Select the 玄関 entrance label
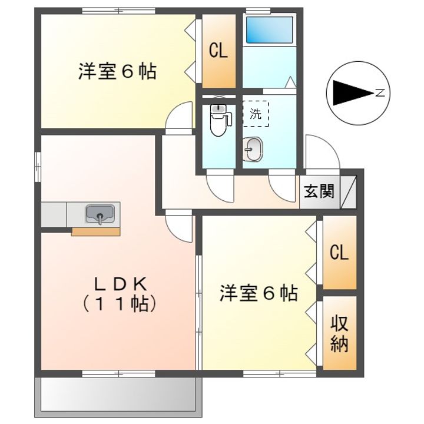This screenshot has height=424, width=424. coord(319,191)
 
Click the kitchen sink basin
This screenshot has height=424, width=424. coord(101,213)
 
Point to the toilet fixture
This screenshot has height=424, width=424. coord(218,121)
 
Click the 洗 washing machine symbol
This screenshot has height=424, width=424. coord(255,114)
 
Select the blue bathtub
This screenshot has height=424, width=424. coord(269,29)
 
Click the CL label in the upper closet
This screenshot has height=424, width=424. coord(218,51)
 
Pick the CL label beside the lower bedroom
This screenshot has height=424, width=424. coord(339,253)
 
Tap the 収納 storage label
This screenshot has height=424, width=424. coord(339,334)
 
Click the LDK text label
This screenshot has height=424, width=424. coord(121,284)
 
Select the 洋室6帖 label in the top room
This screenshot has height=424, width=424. coord(117,72)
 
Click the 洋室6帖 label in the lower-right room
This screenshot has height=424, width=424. coord(259,293)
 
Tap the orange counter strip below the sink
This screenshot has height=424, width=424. coord(95,231)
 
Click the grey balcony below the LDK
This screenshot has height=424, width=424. coord(118,395)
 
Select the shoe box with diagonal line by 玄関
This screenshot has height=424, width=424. coord(349,191)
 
